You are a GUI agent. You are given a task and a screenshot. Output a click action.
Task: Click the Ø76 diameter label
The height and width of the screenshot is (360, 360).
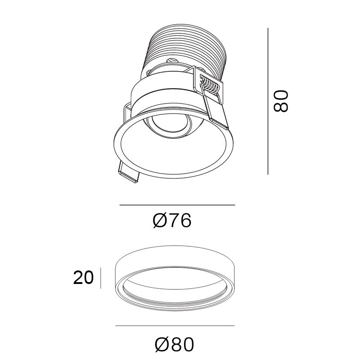pos(172,220)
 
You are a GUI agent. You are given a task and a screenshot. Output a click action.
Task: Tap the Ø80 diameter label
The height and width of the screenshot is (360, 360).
pos(174,344)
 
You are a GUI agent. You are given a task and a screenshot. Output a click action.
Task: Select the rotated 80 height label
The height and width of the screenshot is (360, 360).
pos(280,101)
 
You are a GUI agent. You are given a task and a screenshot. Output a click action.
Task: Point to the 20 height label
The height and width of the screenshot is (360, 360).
pos(83,278)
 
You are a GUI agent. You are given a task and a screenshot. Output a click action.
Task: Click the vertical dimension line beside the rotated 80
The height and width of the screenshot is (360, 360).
pos(268,101)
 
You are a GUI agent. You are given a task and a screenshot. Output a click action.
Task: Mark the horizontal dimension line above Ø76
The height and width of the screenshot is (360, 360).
pos(177,205)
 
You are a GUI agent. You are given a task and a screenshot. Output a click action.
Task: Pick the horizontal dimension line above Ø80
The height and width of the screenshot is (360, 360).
pos(175,325)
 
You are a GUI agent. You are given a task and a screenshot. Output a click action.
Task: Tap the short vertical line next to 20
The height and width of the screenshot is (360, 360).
pos(100,278)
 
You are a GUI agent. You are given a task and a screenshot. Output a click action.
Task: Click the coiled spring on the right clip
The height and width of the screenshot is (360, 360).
pos(210,85)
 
